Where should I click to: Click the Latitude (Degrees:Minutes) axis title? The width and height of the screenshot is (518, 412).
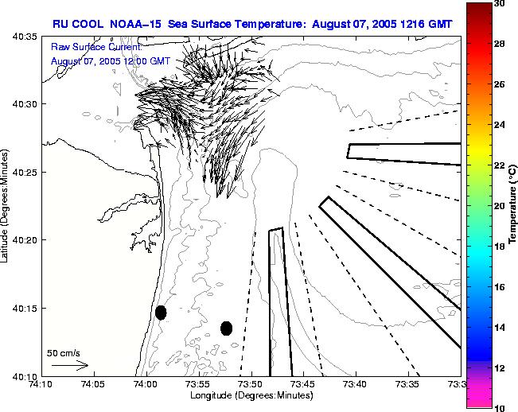pyautogui.click(x=6, y=207)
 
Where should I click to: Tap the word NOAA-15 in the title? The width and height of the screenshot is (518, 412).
pyautogui.click(x=132, y=24)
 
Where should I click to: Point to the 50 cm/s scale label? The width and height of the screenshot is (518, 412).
pyautogui.click(x=64, y=352)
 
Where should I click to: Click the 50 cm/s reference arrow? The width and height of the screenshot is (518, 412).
pyautogui.click(x=69, y=365)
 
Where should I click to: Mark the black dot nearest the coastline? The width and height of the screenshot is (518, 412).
pyautogui.click(x=161, y=313)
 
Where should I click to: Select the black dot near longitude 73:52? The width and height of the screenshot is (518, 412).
pyautogui.click(x=227, y=328)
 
